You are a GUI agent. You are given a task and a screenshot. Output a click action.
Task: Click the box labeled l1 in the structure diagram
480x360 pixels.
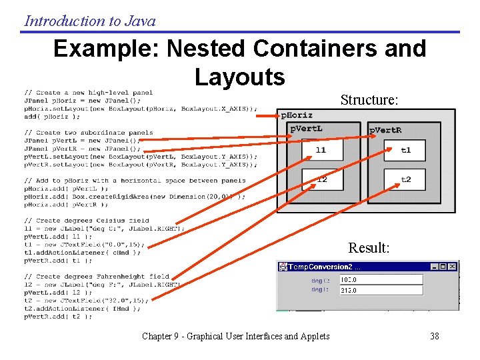[321, 150]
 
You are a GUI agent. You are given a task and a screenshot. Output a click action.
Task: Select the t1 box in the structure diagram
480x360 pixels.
[406, 150]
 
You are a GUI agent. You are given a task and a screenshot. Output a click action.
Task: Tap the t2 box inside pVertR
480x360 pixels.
[406, 179]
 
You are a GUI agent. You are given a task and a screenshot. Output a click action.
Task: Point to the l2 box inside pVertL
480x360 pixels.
[321, 179]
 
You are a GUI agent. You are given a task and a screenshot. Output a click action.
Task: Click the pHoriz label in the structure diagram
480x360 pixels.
[297, 115]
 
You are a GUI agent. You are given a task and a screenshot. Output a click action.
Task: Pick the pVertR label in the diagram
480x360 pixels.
[386, 130]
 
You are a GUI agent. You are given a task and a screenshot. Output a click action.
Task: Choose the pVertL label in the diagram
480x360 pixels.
[307, 128]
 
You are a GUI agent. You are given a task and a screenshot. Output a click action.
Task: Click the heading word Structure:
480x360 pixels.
[369, 100]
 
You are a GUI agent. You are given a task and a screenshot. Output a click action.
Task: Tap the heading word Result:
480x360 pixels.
[369, 248]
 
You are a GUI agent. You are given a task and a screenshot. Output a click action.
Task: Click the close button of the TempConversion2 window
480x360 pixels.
[453, 266]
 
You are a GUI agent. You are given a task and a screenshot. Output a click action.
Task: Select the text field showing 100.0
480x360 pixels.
[381, 280]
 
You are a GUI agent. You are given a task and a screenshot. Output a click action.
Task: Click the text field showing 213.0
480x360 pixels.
[381, 290]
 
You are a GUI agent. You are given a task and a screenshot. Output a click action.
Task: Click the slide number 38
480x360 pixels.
[435, 336]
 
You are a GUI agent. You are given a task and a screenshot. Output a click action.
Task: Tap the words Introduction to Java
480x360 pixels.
[90, 21]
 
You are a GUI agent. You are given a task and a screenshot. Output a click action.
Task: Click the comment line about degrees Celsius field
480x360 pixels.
[87, 220]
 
